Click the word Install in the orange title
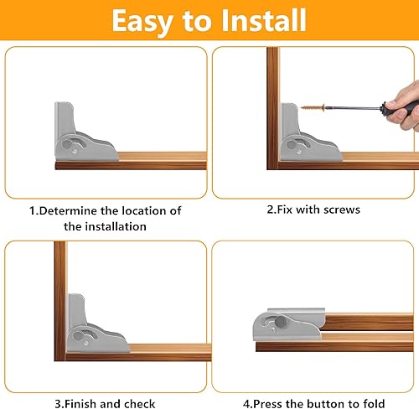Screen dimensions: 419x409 point(264,20)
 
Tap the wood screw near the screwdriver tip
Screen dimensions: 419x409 point(313,107)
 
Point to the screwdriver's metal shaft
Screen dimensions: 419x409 point(354,107)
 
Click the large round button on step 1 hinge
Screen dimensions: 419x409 point(67,144)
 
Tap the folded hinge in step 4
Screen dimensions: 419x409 point(289,324)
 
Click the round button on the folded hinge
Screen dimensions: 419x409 point(281,322)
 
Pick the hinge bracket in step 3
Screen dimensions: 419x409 point(98,324)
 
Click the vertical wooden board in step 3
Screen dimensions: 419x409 point(60,301)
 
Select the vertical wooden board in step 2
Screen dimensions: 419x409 point(273,108)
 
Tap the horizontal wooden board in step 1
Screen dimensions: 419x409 point(131,162)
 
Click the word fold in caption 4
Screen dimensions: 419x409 point(374,404)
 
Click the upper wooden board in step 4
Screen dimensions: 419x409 point(369,322)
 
